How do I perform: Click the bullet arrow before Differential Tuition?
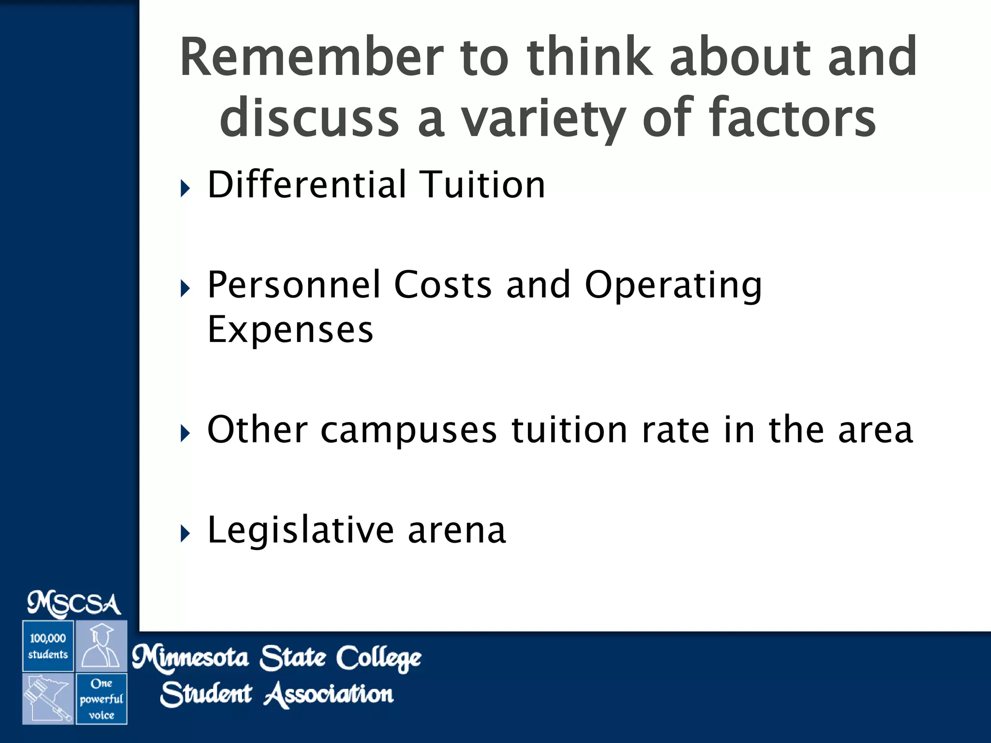[185, 188]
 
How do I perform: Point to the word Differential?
[307, 185]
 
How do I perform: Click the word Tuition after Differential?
[482, 185]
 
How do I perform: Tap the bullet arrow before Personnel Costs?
[185, 289]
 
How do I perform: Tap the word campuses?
[408, 430]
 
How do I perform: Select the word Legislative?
[300, 531]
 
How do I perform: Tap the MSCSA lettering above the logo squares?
[74, 604]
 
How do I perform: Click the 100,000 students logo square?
[48, 646]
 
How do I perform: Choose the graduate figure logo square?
[102, 646]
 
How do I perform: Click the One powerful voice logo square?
[102, 699]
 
